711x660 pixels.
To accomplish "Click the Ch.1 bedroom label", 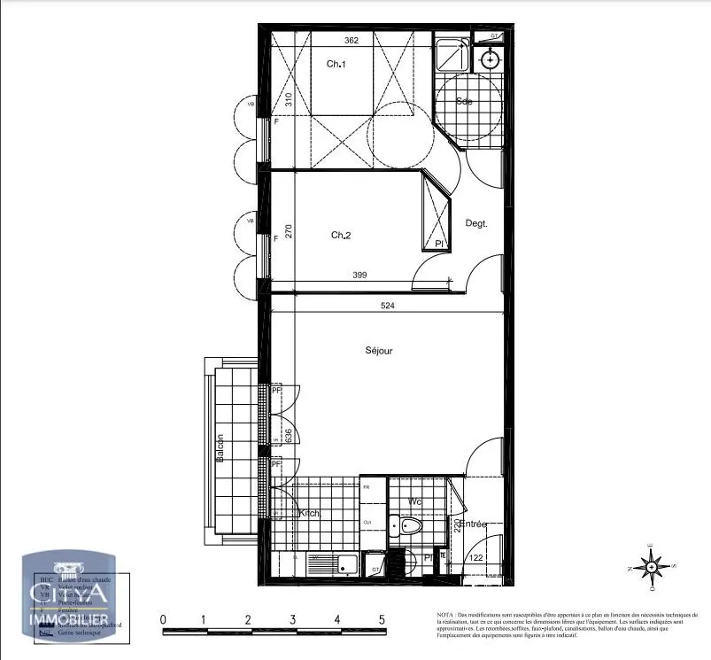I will (335, 64).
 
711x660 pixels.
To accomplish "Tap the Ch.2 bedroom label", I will (342, 235).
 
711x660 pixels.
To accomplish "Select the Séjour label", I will (378, 351).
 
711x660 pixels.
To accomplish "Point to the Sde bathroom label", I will (464, 102).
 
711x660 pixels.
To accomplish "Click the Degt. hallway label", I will (476, 224).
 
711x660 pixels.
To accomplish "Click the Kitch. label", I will (309, 514).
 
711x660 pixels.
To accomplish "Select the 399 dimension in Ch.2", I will (359, 276).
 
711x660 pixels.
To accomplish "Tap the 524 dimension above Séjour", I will (387, 306).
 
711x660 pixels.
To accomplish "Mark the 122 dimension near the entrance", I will (475, 557).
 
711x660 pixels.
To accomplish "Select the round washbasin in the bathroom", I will (489, 59).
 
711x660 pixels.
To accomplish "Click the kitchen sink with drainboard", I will (331, 563).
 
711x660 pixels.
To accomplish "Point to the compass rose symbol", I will (651, 566).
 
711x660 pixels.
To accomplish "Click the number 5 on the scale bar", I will (381, 620).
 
